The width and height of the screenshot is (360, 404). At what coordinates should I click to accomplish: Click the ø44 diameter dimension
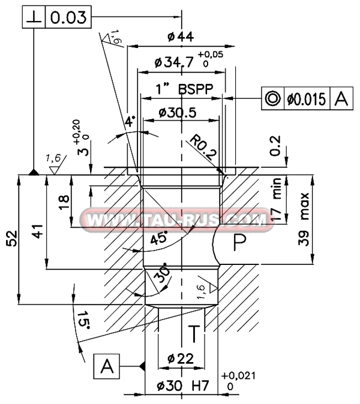tap(181, 37)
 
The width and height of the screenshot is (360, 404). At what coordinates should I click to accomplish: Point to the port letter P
tap(239, 243)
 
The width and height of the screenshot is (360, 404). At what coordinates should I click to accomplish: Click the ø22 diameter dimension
tap(180, 359)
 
